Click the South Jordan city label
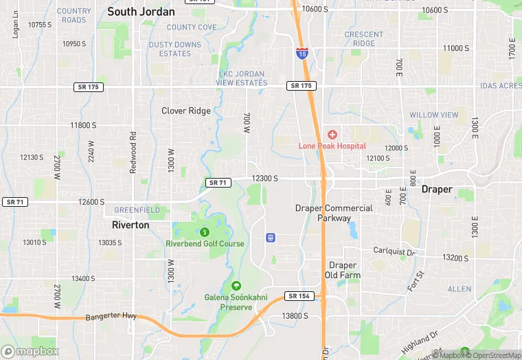pyautogui.click(x=141, y=12)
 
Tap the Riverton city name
pyautogui.click(x=130, y=225)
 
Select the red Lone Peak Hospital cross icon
pyautogui.click(x=332, y=135)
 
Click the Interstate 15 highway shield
pyautogui.click(x=302, y=52)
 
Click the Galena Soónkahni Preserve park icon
pyautogui.click(x=236, y=286)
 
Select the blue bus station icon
pyautogui.click(x=271, y=238)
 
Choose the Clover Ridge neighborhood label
pyautogui.click(x=186, y=111)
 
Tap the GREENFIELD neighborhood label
pyautogui.click(x=137, y=210)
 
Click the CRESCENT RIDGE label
pyautogui.click(x=364, y=38)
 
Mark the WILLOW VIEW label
pyautogui.click(x=433, y=115)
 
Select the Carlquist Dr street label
pyautogui.click(x=395, y=251)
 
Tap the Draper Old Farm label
pyautogui.click(x=342, y=270)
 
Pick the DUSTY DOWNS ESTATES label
pyautogui.click(x=175, y=49)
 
